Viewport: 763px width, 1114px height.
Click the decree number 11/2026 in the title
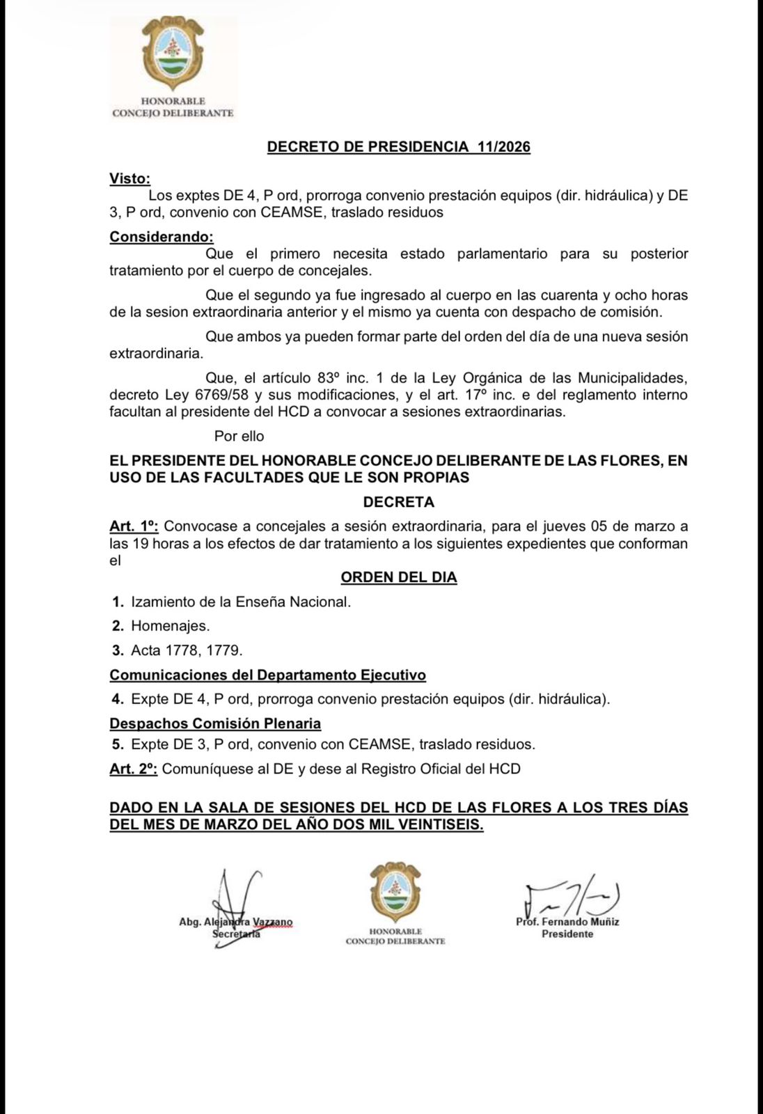tap(503, 147)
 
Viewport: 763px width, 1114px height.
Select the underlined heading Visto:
tap(129, 178)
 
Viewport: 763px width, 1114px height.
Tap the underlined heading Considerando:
tap(162, 237)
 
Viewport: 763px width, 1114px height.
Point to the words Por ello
tap(239, 436)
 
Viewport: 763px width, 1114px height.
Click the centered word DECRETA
tap(398, 502)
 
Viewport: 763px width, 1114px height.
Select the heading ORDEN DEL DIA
tap(398, 577)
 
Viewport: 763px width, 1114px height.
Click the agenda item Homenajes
tap(170, 626)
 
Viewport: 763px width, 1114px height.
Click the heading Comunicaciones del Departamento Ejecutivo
tap(267, 675)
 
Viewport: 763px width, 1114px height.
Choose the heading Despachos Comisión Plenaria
tap(215, 723)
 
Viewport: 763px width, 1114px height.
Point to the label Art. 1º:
tap(134, 526)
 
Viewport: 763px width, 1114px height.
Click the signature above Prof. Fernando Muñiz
tap(571, 898)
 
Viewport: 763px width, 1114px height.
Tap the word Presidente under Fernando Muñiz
tap(567, 934)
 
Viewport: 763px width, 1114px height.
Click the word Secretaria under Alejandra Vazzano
tap(236, 934)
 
